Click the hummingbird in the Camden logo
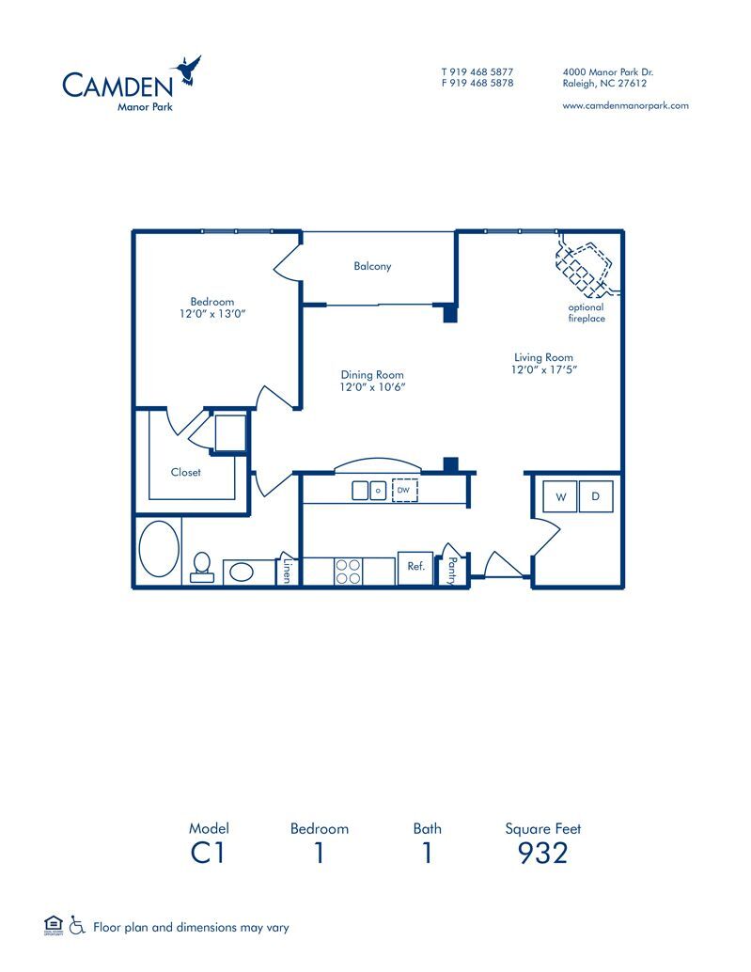click(187, 71)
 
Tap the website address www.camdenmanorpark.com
click(625, 105)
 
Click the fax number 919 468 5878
click(481, 83)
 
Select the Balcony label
click(372, 266)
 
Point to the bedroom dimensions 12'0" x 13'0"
click(212, 314)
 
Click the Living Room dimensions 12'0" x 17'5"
click(544, 369)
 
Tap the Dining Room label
click(372, 374)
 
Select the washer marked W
click(560, 496)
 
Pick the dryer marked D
click(596, 496)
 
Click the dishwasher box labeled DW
click(404, 490)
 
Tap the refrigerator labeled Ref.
click(415, 568)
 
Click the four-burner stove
click(348, 571)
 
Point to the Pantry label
click(452, 571)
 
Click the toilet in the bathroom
click(201, 567)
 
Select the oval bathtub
click(159, 549)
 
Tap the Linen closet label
click(287, 571)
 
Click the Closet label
click(186, 472)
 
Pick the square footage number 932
click(542, 853)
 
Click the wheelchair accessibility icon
click(77, 925)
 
